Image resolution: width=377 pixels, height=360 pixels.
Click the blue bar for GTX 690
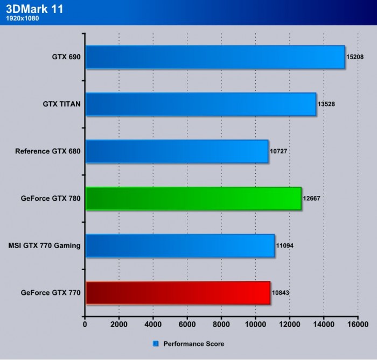(215, 57)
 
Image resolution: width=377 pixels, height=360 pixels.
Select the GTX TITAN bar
(200, 104)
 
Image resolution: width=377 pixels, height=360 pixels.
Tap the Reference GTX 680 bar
(177, 151)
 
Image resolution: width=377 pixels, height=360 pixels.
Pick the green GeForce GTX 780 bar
(193, 198)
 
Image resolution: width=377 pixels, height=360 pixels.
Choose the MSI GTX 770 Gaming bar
(180, 245)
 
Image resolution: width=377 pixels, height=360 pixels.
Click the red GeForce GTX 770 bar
(178, 293)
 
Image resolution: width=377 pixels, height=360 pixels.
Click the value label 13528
(326, 104)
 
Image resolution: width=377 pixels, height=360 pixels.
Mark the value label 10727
(278, 151)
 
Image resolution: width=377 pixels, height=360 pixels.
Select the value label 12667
(312, 199)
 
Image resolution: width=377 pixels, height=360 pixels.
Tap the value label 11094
(284, 246)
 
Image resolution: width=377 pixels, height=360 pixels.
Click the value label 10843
(281, 293)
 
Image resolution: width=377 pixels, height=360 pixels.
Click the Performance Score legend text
(193, 343)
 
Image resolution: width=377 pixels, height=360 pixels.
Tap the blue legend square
(156, 343)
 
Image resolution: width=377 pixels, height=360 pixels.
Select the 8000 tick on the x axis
(221, 324)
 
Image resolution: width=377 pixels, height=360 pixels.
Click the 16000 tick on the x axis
(358, 324)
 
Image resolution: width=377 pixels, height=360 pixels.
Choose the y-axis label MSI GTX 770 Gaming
(45, 246)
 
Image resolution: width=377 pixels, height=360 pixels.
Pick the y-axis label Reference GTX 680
(48, 151)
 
